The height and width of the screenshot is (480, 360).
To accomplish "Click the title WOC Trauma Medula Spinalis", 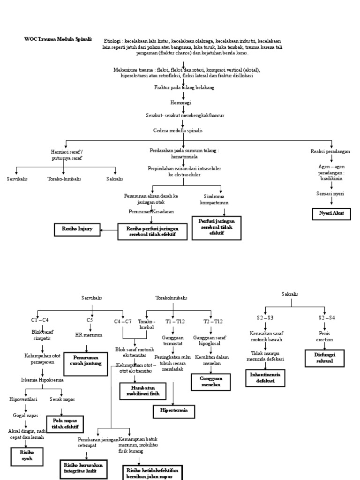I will (x=58, y=39).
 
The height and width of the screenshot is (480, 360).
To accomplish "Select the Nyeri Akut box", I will (x=331, y=214).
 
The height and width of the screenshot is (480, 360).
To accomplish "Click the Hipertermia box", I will (x=174, y=411).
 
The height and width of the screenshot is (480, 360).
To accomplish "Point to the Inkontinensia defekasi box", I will (x=266, y=378).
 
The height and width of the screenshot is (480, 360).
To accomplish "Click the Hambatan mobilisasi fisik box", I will (x=143, y=391).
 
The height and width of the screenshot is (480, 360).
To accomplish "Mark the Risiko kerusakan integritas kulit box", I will (x=83, y=467).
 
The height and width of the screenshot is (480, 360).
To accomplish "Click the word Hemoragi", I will (x=180, y=102).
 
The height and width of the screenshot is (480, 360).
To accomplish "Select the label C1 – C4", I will (x=40, y=320).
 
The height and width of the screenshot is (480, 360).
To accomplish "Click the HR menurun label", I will (x=89, y=335).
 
